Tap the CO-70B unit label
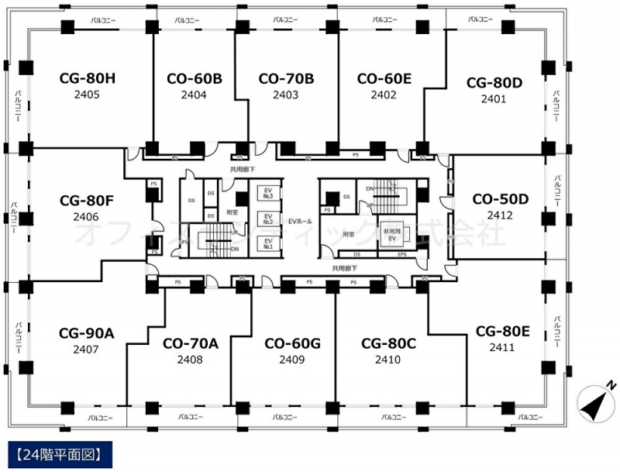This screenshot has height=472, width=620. (x=285, y=78)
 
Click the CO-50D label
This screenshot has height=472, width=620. (x=500, y=198)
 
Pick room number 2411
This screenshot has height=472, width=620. (x=501, y=347)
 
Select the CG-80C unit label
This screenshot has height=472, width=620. (x=388, y=343)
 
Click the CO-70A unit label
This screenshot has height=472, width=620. (x=190, y=343)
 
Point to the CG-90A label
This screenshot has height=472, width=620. (x=86, y=333)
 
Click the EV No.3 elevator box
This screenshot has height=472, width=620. (x=268, y=195)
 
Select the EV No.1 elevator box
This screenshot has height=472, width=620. (x=268, y=244)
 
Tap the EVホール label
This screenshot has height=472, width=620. (x=300, y=221)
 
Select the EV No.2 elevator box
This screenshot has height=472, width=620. (x=268, y=219)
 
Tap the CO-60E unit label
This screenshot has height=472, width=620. (x=384, y=78)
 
